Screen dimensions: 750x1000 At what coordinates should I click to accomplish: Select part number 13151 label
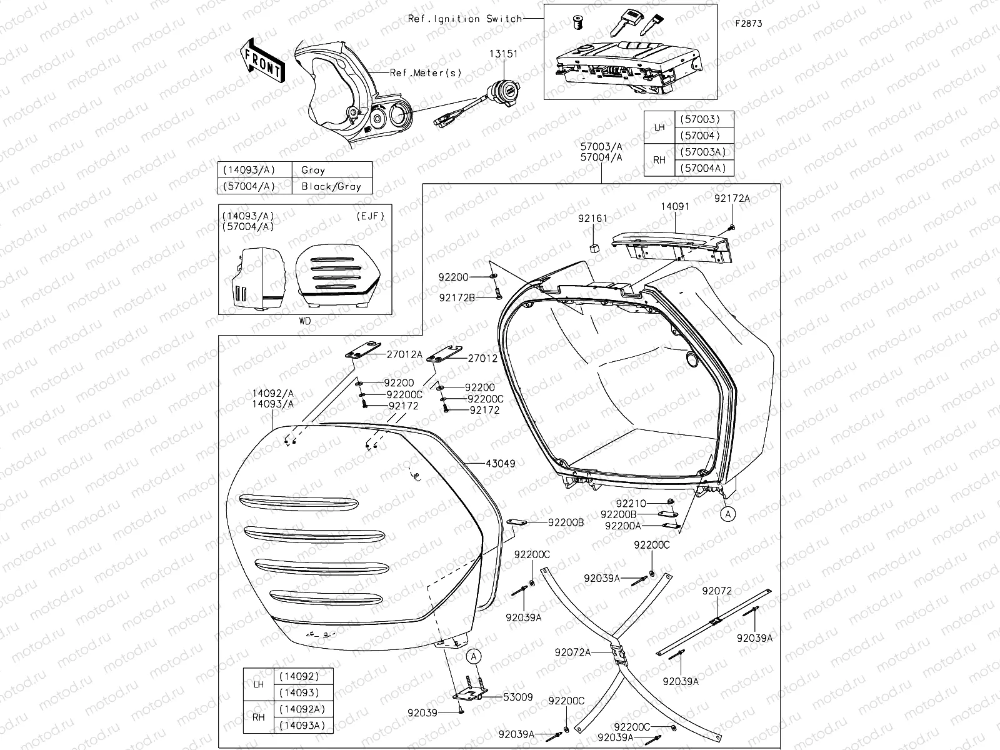click(506, 54)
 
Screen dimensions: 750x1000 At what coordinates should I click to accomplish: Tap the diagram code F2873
click(749, 24)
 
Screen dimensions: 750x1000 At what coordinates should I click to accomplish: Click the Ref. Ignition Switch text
click(465, 19)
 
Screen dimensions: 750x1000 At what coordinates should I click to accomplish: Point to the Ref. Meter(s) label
click(426, 72)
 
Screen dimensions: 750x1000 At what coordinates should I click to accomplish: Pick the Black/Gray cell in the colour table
click(331, 186)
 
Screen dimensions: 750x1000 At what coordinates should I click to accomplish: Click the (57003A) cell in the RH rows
click(703, 152)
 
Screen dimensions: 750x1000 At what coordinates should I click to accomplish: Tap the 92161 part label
click(592, 219)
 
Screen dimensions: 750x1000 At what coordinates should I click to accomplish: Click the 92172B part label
click(456, 298)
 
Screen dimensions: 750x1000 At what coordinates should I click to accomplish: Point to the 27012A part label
click(404, 355)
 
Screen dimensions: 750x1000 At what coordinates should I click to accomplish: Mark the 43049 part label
click(500, 464)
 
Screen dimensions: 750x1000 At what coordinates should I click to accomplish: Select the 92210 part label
click(631, 502)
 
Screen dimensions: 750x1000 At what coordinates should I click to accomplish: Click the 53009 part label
click(518, 697)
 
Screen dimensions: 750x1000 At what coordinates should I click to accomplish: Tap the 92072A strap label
click(572, 652)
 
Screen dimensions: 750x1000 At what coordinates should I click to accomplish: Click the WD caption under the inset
click(305, 321)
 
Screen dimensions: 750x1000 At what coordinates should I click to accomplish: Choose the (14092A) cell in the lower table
click(298, 709)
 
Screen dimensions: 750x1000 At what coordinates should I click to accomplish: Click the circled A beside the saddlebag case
click(727, 513)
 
